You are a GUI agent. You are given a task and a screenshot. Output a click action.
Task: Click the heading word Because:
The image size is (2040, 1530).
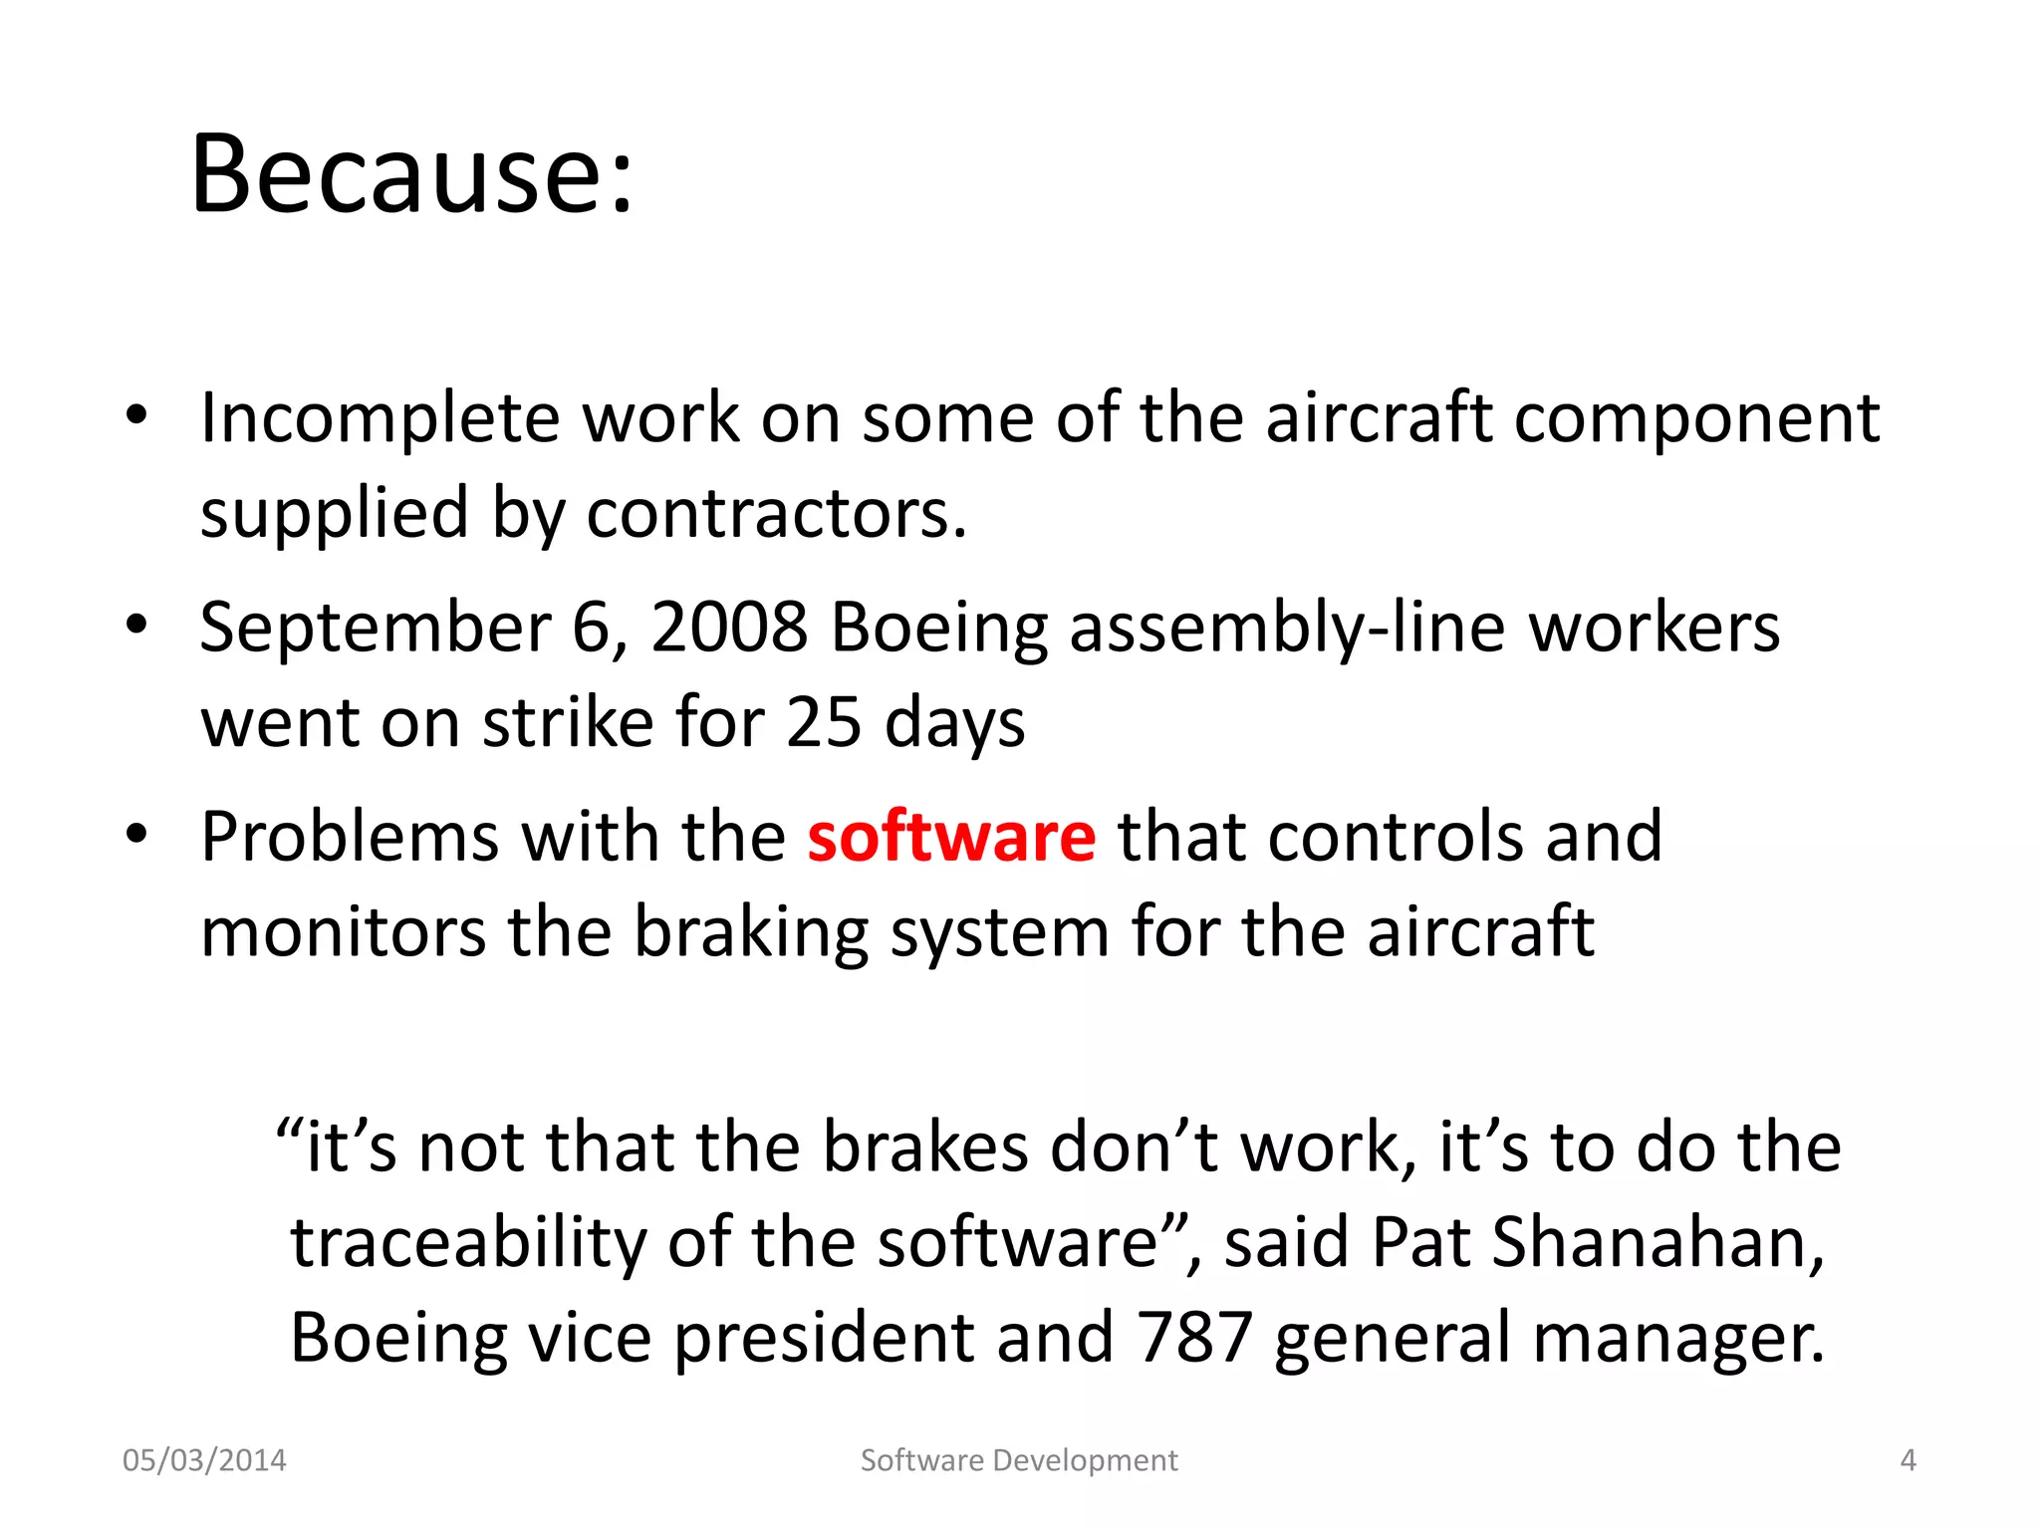[x=411, y=175]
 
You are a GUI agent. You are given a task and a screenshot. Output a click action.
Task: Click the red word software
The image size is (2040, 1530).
[x=951, y=837]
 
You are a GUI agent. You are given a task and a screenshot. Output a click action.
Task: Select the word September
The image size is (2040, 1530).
[x=375, y=630]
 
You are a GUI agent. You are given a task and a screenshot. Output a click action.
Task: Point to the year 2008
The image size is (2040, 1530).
[x=729, y=628]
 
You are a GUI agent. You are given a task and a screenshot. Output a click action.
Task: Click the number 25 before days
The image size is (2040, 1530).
[x=823, y=722]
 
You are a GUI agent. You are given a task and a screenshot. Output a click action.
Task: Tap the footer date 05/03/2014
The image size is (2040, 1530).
[x=204, y=1460]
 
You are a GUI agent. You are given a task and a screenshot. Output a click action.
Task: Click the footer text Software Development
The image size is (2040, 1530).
[x=1019, y=1460]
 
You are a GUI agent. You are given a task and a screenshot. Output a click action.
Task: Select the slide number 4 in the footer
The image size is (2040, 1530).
[x=1908, y=1460]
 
